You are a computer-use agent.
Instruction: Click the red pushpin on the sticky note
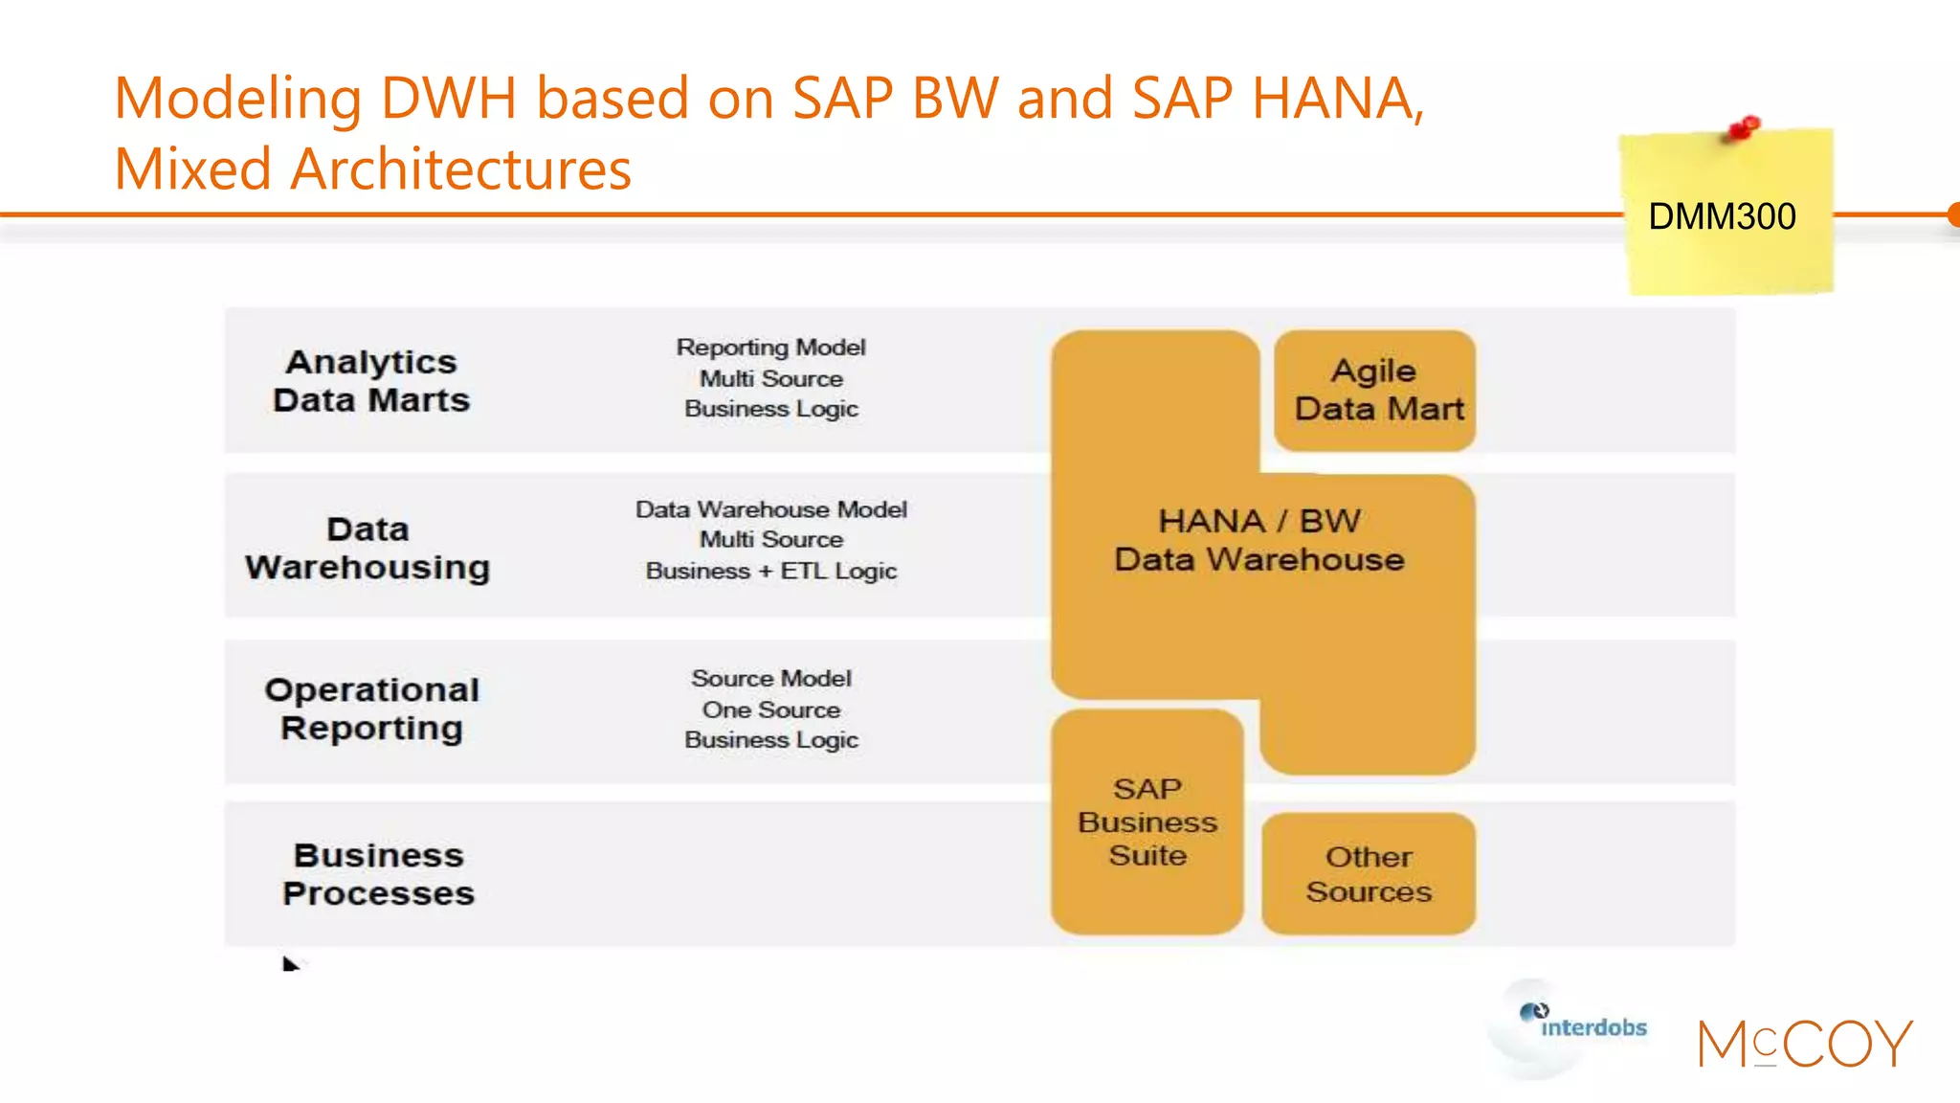1745,127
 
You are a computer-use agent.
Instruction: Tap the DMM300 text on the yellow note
1722,216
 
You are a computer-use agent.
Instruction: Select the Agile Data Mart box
1374,390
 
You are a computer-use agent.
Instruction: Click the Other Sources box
1369,873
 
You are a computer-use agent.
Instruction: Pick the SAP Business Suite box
1147,822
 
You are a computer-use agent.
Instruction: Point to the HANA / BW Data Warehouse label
1258,540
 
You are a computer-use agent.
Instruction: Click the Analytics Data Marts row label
371,381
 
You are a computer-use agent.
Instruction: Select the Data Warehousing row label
367,548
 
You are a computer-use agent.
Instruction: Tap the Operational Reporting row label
371,709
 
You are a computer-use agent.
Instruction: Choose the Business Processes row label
378,874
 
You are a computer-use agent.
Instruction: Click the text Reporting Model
770,348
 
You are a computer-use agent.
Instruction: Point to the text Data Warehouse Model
770,509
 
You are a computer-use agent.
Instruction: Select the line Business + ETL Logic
770,571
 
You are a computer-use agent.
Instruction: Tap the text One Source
770,709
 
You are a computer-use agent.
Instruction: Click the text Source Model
770,678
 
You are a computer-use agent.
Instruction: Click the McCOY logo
1804,1043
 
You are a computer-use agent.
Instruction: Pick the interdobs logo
1583,1024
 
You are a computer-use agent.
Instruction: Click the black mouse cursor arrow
290,963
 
